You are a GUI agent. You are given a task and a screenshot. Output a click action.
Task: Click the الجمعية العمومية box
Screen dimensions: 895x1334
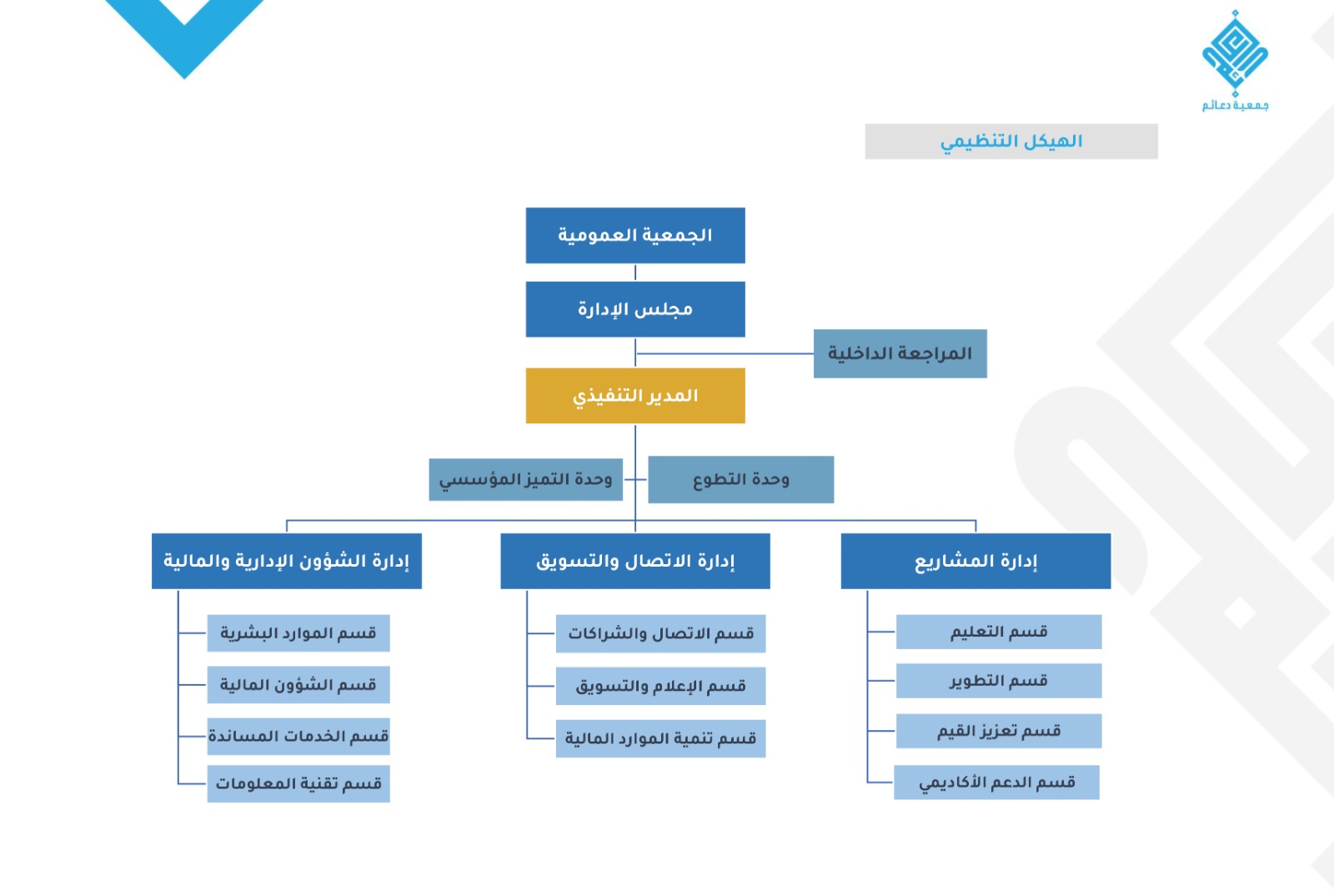pos(635,236)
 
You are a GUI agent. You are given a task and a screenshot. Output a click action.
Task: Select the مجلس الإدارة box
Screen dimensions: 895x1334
pos(635,309)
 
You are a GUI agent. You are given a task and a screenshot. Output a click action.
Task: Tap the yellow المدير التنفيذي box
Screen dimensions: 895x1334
pos(635,396)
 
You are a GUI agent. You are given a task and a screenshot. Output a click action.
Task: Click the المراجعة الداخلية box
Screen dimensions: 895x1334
pos(900,353)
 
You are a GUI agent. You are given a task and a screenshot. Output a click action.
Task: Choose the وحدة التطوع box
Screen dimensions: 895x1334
pos(740,479)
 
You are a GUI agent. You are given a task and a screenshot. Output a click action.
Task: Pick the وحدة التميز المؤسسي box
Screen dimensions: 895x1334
pos(525,479)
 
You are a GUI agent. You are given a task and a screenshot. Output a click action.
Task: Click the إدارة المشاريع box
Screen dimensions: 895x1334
pos(975,561)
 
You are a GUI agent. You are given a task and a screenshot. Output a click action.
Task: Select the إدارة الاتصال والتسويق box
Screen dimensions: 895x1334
pos(635,561)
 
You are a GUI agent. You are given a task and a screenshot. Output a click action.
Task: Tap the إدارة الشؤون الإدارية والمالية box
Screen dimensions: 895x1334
pos(286,561)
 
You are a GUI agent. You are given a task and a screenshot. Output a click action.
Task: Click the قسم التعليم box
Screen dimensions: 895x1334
pos(999,632)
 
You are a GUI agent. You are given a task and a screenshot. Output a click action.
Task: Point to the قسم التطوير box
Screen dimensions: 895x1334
pos(999,681)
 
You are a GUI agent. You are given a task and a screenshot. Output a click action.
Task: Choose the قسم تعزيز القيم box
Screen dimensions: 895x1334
pos(999,731)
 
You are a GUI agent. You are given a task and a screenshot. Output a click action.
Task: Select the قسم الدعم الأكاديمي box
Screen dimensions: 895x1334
pos(996,782)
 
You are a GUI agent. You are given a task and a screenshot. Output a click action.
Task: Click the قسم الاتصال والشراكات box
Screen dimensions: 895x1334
pos(660,633)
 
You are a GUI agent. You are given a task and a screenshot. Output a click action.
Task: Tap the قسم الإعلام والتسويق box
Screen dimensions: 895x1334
pos(660,686)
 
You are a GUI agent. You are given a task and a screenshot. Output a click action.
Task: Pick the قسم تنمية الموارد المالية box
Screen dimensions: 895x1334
pos(660,738)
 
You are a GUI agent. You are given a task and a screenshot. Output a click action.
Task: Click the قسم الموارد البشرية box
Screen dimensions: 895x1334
pos(298,633)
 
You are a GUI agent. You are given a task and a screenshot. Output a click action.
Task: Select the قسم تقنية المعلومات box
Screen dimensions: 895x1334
pos(298,784)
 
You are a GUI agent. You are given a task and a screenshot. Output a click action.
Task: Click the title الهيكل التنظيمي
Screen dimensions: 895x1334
pos(1011,142)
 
